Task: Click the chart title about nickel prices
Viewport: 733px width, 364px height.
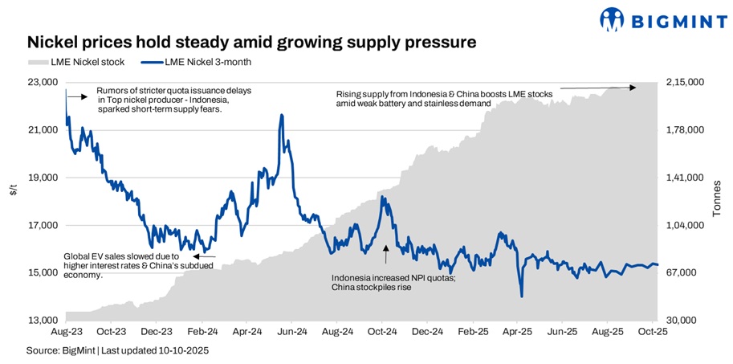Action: (252, 41)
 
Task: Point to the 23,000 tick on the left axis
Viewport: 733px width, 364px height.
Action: (42, 82)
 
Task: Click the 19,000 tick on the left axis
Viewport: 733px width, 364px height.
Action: (42, 178)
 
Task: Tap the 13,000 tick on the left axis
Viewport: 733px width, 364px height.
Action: (42, 321)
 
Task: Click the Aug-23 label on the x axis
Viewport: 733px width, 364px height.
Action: (65, 331)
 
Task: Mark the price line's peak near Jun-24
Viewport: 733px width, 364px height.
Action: (281, 115)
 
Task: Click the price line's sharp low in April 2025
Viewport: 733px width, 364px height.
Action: (522, 297)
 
